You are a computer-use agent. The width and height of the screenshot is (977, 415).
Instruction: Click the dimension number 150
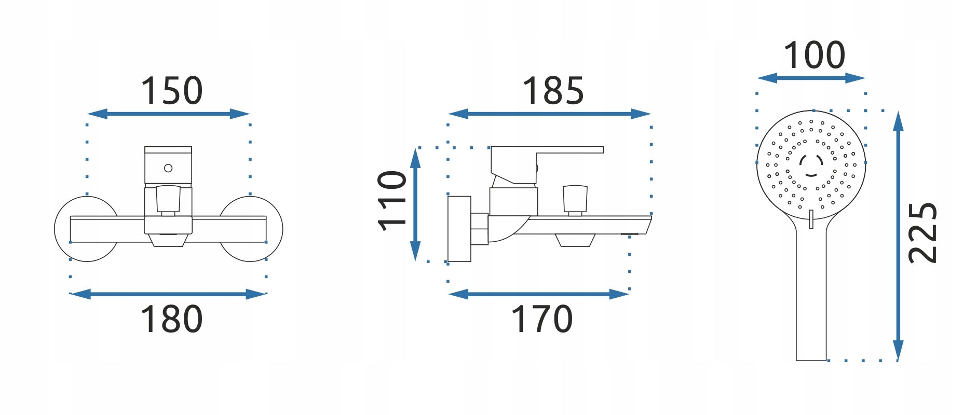[171, 91]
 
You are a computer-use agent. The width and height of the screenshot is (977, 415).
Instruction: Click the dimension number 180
[171, 319]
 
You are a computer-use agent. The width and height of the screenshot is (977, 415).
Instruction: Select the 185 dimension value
[553, 91]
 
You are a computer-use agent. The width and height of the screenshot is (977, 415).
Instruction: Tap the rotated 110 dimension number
[392, 200]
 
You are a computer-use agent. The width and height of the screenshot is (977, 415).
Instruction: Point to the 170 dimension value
[542, 319]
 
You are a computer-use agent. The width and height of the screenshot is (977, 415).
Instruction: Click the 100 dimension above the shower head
[814, 55]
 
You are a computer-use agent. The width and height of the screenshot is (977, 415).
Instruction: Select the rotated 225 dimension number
[922, 233]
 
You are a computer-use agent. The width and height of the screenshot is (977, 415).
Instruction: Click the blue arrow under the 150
[169, 114]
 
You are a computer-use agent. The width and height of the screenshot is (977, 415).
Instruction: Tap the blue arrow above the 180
[168, 294]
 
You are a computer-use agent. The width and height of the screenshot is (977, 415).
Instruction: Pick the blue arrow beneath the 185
[549, 114]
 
